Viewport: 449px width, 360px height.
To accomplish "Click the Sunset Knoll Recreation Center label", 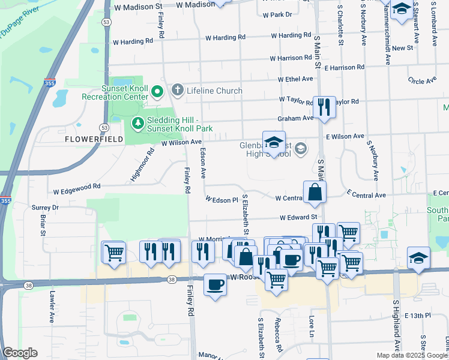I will (x=124, y=92).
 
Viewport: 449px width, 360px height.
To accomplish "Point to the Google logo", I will (x=20, y=353).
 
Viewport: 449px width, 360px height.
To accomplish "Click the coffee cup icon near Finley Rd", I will (x=215, y=286).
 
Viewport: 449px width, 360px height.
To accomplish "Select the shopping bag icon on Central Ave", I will (x=315, y=193).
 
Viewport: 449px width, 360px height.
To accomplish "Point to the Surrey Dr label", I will (x=45, y=208).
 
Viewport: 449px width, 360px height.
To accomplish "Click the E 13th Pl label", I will (x=418, y=315).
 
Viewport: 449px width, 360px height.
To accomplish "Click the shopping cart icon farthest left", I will (x=113, y=253).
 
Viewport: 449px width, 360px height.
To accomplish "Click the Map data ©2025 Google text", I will (x=412, y=355).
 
